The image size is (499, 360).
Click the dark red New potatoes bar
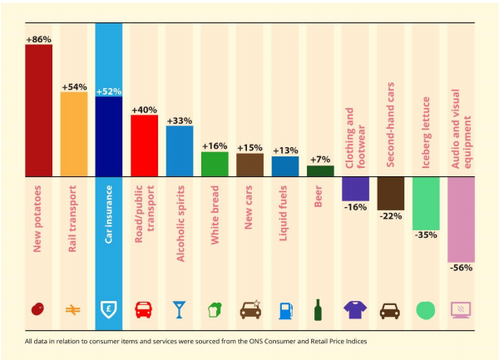38,111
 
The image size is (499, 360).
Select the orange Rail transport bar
74,134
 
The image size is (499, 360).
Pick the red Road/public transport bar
145,145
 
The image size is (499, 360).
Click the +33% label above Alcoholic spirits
180,121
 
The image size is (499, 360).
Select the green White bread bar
215,164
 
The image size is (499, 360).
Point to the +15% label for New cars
249,148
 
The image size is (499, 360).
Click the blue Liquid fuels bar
285,166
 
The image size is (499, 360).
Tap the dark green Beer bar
320,170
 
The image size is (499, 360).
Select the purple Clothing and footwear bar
355,189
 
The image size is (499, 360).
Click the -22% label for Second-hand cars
391,216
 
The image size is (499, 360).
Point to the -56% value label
461,268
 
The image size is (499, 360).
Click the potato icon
38,310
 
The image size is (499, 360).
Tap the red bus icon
145,310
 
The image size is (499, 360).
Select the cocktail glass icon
180,310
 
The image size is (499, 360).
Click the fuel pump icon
285,310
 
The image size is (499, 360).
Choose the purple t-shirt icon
355,310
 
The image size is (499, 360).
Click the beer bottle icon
320,310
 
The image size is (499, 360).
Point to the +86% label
38,38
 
